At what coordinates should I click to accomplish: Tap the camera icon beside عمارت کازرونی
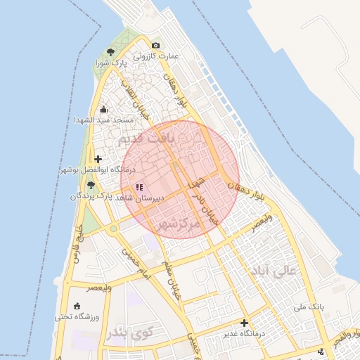[155, 46]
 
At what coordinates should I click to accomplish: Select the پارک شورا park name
[111, 63]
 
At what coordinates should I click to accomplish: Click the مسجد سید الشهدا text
[104, 120]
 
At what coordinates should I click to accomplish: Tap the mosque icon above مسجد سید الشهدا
[104, 109]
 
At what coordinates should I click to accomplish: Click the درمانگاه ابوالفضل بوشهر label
[97, 170]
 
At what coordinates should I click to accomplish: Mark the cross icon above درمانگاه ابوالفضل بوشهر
[97, 160]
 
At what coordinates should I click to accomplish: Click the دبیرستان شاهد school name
[140, 199]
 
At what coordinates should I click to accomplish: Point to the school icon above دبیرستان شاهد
[140, 188]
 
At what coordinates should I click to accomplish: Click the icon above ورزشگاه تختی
[77, 306]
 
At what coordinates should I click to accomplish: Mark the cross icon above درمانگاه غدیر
[244, 323]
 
